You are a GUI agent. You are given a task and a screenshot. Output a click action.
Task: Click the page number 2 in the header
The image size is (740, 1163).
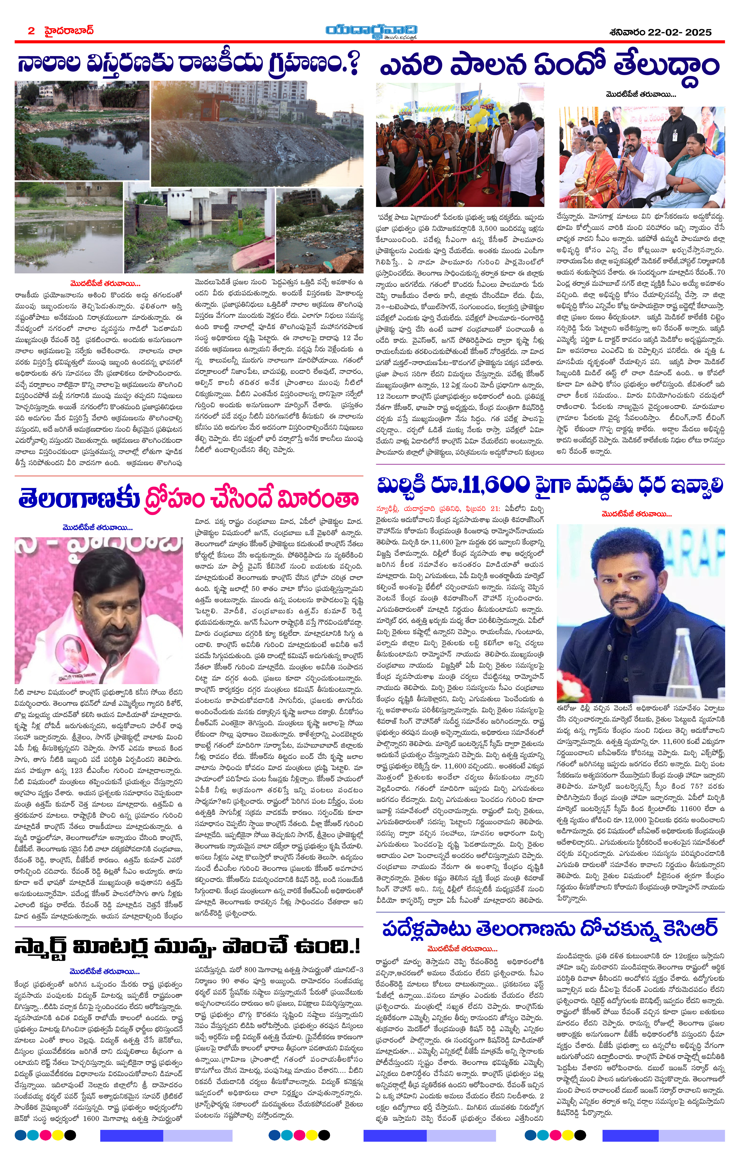click(x=31, y=31)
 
